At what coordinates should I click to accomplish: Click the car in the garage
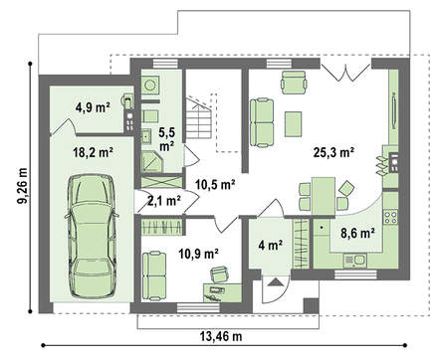click(x=92, y=236)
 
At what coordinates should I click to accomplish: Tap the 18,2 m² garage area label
click(x=93, y=153)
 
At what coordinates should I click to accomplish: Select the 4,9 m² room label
click(x=93, y=107)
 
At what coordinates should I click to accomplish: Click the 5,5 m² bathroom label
click(x=167, y=139)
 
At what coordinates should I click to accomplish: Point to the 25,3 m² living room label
click(x=333, y=152)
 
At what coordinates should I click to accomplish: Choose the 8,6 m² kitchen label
click(x=357, y=234)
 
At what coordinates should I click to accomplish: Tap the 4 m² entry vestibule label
click(x=271, y=246)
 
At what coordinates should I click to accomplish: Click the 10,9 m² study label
click(x=198, y=254)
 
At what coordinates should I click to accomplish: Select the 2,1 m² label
click(x=164, y=201)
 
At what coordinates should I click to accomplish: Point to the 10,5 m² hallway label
click(x=215, y=184)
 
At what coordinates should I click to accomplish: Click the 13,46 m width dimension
click(x=221, y=336)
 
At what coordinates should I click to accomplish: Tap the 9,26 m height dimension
click(x=23, y=186)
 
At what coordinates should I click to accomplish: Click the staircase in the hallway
click(x=198, y=118)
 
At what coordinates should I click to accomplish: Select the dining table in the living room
click(x=324, y=196)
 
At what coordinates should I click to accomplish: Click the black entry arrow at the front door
click(x=275, y=282)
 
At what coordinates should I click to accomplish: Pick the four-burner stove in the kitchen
click(x=390, y=217)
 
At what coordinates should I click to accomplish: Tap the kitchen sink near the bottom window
click(x=354, y=260)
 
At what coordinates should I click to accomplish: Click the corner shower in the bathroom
click(x=151, y=161)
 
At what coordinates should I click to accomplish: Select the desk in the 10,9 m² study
click(x=222, y=292)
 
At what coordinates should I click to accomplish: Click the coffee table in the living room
click(x=294, y=124)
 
